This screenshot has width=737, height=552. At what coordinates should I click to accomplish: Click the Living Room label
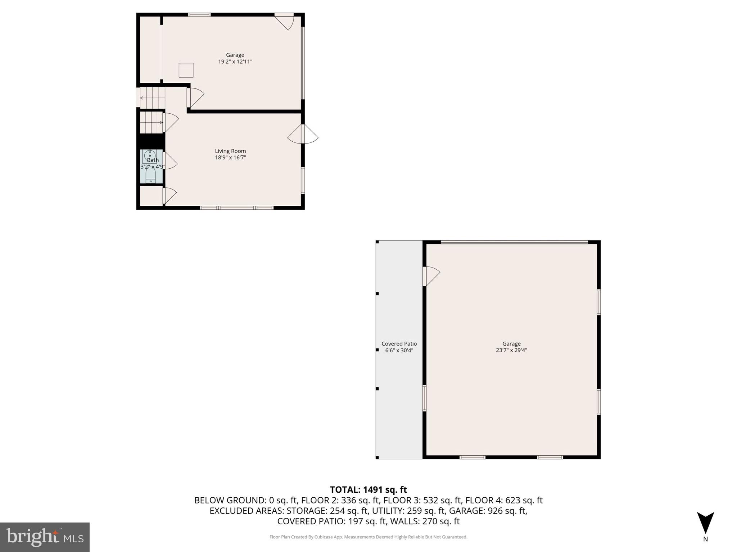point(230,151)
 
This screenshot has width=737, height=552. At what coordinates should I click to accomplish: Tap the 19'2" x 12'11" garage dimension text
point(235,62)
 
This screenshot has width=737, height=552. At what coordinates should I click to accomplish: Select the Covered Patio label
point(399,344)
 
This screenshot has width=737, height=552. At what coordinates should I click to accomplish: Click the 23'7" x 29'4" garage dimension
point(511,350)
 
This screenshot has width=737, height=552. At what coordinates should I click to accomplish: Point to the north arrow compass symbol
point(705,523)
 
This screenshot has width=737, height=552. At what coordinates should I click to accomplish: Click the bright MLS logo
point(45,537)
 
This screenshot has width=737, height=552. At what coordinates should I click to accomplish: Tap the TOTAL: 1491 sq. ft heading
point(368,490)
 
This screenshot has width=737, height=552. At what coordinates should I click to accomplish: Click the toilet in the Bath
point(150,175)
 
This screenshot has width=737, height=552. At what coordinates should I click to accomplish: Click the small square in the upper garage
point(186,70)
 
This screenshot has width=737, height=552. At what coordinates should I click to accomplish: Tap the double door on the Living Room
point(303,134)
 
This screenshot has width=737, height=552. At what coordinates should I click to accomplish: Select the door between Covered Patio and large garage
point(431,275)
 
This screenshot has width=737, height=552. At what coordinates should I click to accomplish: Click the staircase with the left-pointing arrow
point(152,98)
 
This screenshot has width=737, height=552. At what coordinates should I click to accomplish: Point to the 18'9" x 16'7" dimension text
point(230,158)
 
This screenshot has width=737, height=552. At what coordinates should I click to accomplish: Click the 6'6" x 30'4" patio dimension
point(399,350)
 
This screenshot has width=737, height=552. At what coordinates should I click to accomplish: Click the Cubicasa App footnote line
point(368,537)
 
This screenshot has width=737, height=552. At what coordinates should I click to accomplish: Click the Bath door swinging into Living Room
point(170,161)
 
